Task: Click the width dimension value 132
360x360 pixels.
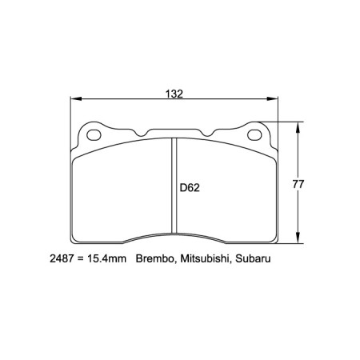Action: pyautogui.click(x=175, y=94)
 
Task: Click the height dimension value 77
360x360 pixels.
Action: pyautogui.click(x=298, y=184)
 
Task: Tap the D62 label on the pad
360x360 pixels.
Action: pyautogui.click(x=189, y=189)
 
